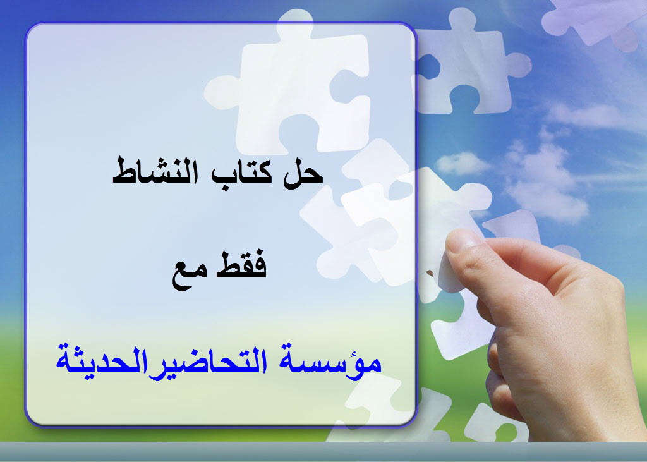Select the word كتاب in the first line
242,173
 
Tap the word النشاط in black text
155,172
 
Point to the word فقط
243,265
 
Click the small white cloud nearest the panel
462,163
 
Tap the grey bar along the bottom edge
323,452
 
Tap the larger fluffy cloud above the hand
545,181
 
